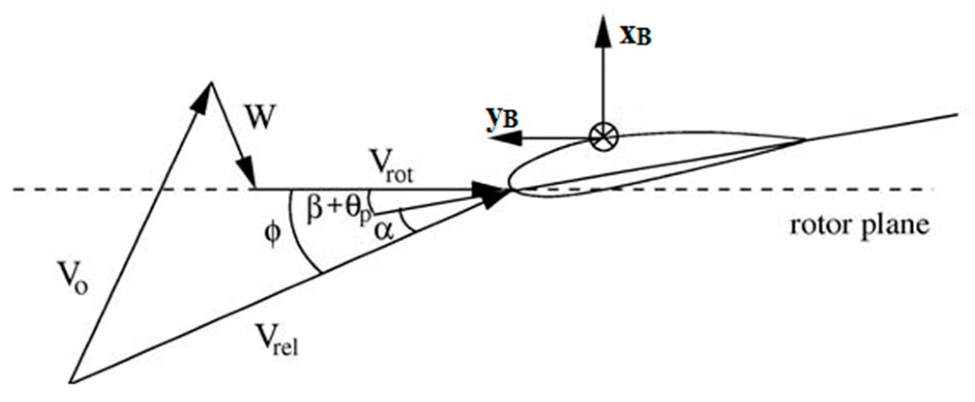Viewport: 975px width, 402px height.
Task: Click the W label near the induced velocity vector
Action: tap(260, 118)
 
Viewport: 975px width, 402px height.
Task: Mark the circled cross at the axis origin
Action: tap(604, 138)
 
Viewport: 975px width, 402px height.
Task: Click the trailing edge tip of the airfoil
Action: tap(804, 140)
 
